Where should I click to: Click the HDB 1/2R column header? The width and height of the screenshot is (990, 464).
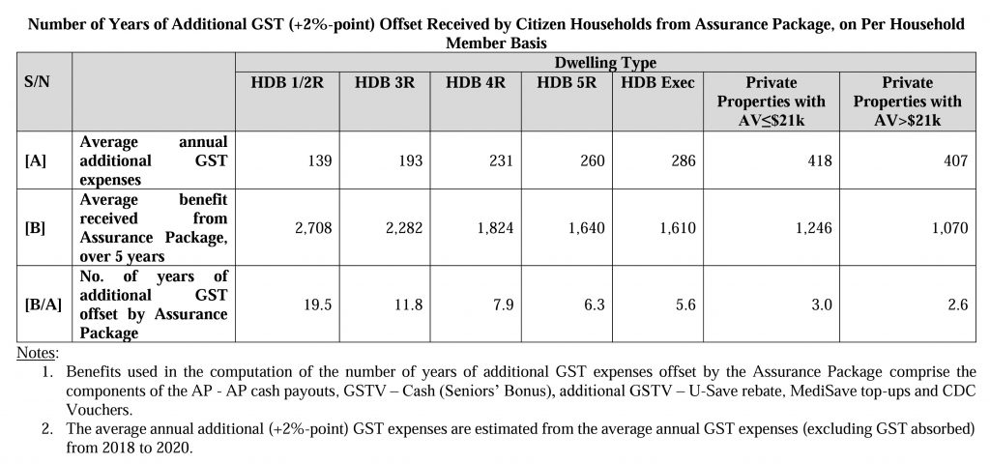287,83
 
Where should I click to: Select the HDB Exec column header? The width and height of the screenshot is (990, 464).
657,83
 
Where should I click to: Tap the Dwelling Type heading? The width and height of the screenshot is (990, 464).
605,63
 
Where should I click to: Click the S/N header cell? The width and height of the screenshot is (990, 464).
38,83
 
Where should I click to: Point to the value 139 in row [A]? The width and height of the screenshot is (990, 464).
320,161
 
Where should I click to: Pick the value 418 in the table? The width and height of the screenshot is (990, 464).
820,161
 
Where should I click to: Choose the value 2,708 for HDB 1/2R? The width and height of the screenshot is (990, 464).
313,228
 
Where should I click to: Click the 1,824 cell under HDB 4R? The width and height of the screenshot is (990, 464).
495,228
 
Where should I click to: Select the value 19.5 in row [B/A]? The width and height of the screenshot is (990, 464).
318,304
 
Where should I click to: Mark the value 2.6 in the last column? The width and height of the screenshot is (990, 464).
958,304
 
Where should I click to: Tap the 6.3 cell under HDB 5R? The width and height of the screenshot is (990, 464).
595,304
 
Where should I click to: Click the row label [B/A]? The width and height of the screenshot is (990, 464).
44,304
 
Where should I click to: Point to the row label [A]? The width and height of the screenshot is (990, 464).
36,161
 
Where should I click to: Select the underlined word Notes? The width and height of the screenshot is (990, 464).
37,353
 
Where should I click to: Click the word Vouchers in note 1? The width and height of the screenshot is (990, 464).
100,409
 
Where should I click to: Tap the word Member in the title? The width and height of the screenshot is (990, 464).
470,43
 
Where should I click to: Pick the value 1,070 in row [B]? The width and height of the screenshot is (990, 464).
949,228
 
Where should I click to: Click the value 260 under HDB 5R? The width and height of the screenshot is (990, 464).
593,161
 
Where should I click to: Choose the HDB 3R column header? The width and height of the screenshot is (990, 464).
385,83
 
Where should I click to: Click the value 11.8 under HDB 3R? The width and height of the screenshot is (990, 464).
409,304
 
